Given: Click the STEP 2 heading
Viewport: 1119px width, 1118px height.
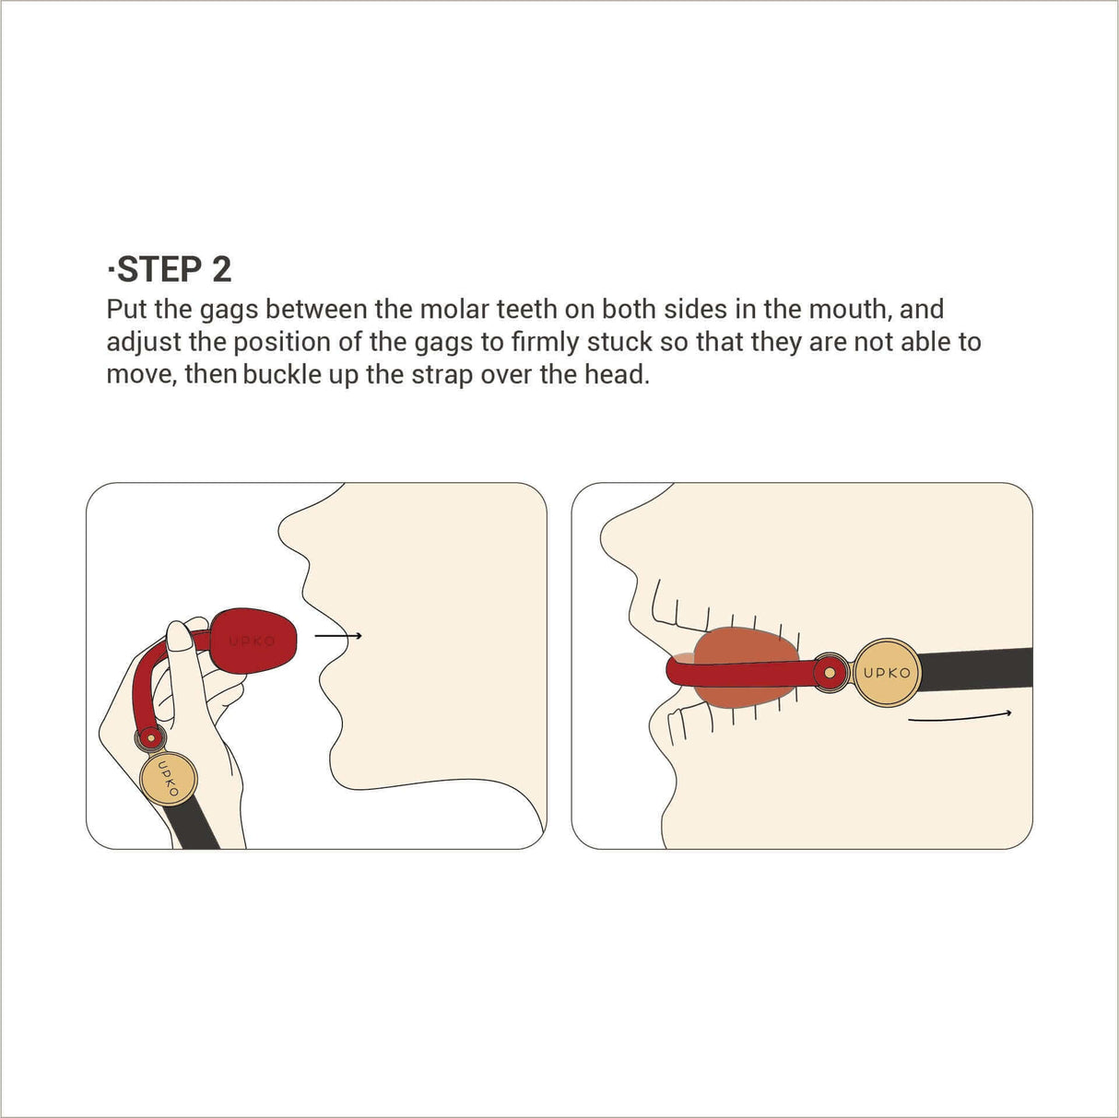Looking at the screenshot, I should tap(170, 269).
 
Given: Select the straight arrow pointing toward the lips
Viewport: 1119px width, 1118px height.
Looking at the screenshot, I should tap(337, 635).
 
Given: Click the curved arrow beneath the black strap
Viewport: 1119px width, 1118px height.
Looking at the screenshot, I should tap(959, 716).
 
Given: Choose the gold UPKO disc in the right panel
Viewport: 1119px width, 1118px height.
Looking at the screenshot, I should tap(886, 672).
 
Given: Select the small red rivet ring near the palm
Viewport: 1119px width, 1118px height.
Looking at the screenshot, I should tap(147, 737).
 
